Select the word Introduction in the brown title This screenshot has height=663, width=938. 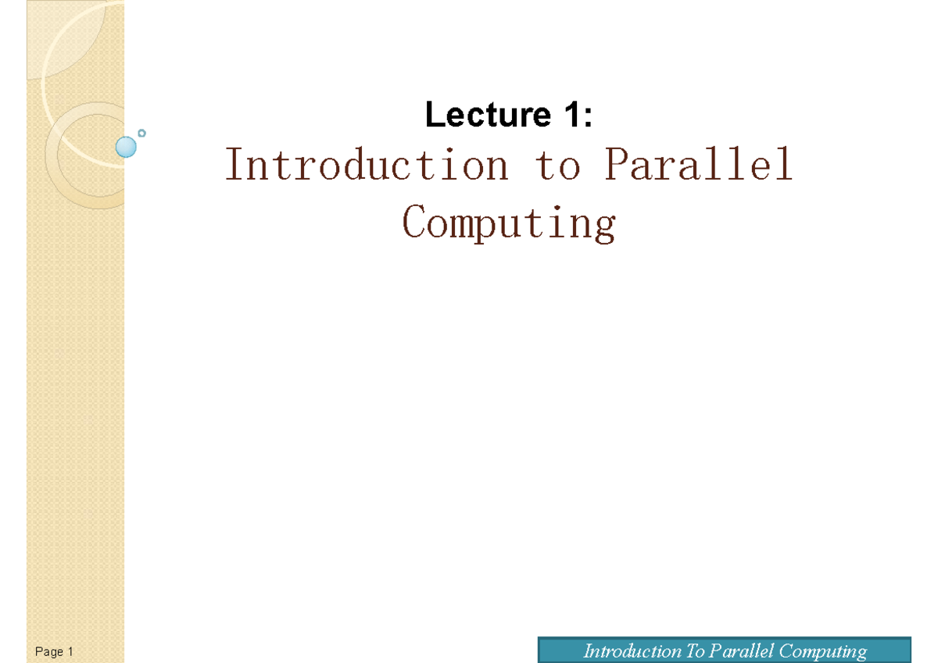[x=367, y=166]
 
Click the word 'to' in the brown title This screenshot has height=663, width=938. [x=558, y=166]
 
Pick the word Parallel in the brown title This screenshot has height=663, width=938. [x=699, y=166]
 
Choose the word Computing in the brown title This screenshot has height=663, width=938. [x=509, y=223]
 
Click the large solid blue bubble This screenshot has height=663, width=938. [x=125, y=147]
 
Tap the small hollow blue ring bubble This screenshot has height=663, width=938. [x=141, y=134]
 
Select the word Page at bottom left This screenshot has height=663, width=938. [x=48, y=651]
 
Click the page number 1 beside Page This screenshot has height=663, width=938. [x=70, y=651]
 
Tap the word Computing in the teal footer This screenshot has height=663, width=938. [x=823, y=651]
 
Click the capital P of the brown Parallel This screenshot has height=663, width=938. [x=614, y=166]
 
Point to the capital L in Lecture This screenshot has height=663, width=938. [x=433, y=116]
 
